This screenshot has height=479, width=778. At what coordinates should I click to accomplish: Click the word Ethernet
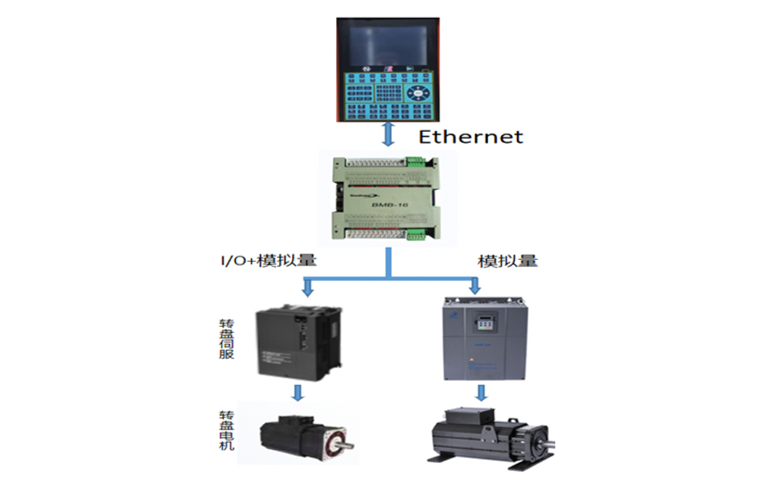click(x=470, y=137)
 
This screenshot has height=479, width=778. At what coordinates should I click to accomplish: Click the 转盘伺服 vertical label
click(x=226, y=338)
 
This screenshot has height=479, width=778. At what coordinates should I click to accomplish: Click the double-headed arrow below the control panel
click(x=388, y=134)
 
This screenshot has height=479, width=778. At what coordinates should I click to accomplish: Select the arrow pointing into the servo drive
click(x=308, y=288)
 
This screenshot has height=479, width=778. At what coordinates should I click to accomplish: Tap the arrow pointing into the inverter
click(x=475, y=286)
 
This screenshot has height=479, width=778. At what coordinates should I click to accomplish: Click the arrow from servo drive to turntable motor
click(x=297, y=393)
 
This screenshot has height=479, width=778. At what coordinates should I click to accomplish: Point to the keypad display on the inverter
click(x=484, y=324)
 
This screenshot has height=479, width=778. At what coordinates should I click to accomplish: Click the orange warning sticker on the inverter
click(x=473, y=360)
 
